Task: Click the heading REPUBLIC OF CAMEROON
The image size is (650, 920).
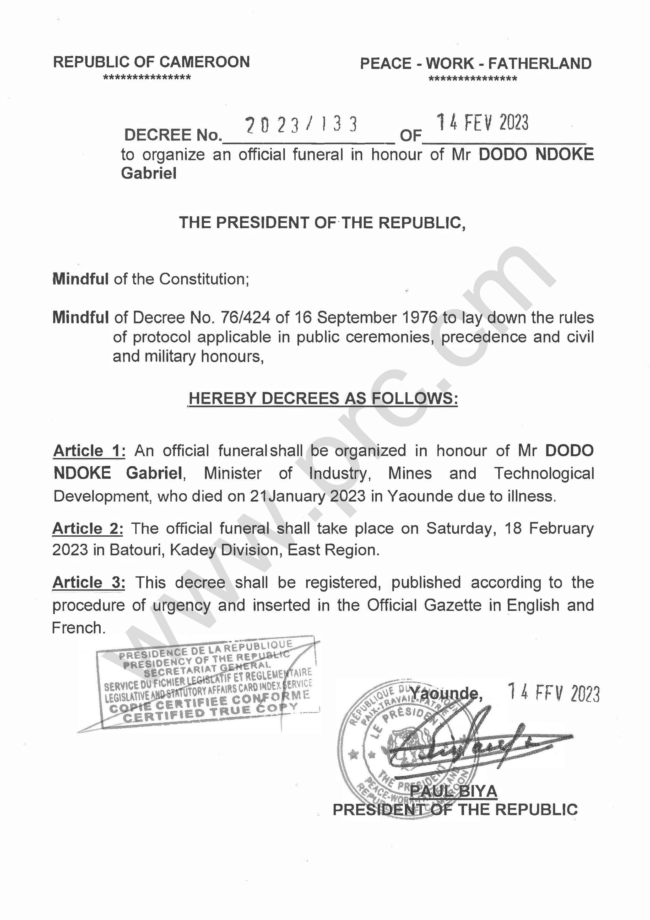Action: [151, 62]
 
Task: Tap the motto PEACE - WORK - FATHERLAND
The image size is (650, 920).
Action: [475, 64]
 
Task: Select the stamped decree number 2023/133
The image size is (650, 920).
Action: [301, 125]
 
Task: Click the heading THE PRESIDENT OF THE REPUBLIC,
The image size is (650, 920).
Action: [322, 223]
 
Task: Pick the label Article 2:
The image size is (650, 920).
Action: [88, 529]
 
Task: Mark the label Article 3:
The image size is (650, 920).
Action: [89, 582]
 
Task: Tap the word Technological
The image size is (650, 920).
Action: [544, 474]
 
